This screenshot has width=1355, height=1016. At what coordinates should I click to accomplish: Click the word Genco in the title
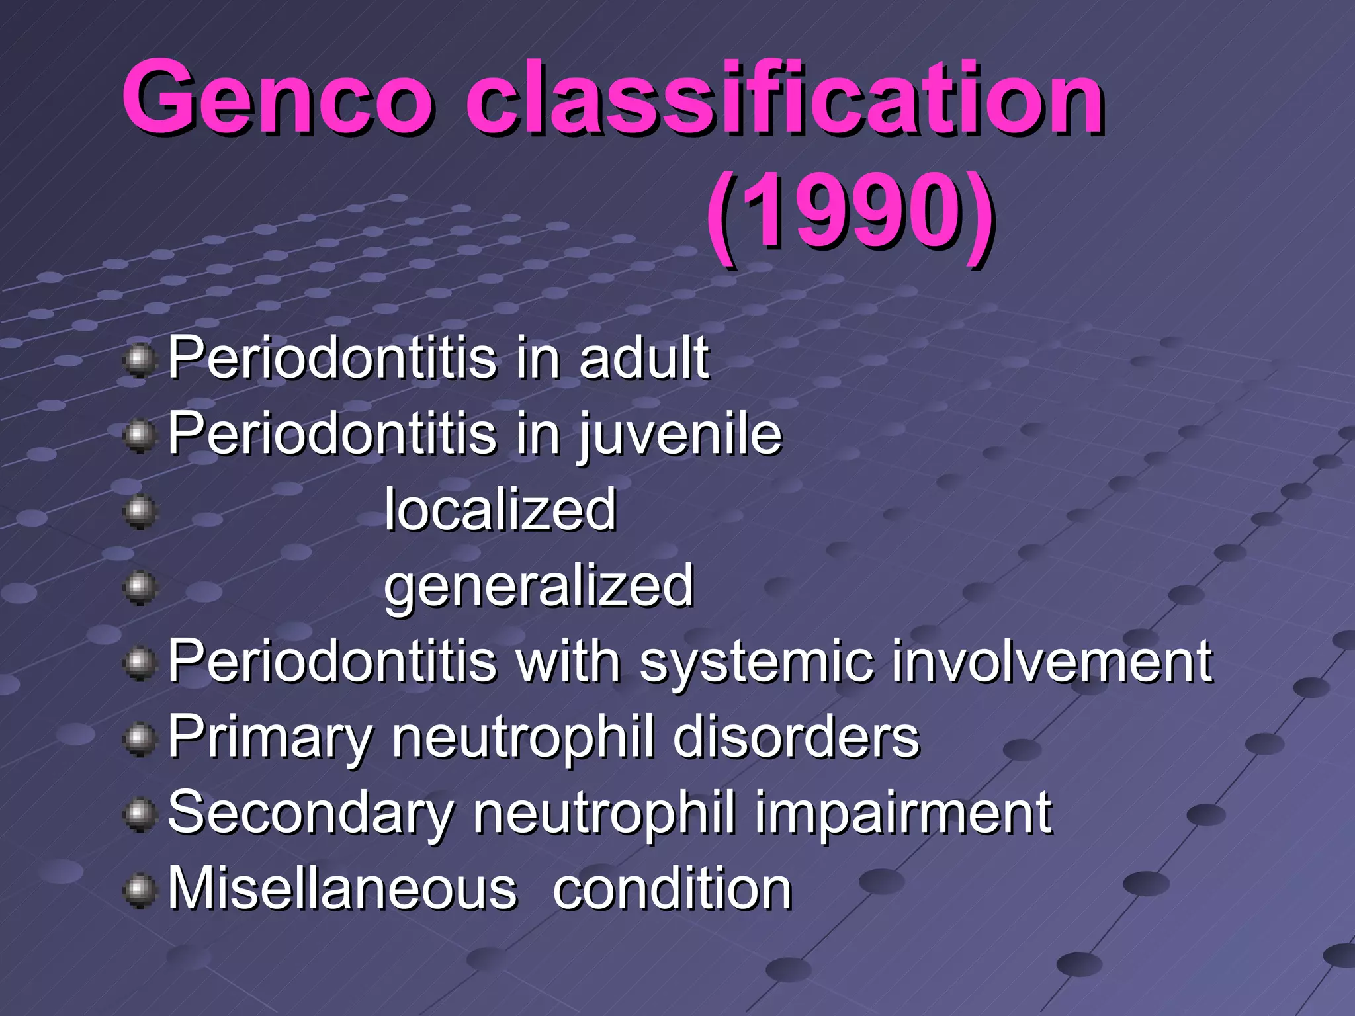coord(277,98)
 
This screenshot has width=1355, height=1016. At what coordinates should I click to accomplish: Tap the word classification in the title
coord(785,98)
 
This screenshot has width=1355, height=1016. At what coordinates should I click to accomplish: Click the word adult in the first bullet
coord(643,358)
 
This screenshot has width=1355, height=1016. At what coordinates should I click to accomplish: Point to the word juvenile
coord(681,434)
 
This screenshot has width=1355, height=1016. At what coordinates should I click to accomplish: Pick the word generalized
coord(539,586)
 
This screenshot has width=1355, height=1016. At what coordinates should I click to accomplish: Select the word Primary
coord(270,737)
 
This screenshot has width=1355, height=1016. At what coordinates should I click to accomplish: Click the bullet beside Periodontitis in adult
coord(139,360)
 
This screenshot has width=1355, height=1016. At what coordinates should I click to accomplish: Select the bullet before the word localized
coord(139,512)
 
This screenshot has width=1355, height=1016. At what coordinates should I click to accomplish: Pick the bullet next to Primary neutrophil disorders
coord(139,740)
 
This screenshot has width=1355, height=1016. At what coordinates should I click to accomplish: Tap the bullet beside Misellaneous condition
coord(139,891)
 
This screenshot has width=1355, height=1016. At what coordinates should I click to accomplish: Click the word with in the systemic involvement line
coord(567,661)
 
